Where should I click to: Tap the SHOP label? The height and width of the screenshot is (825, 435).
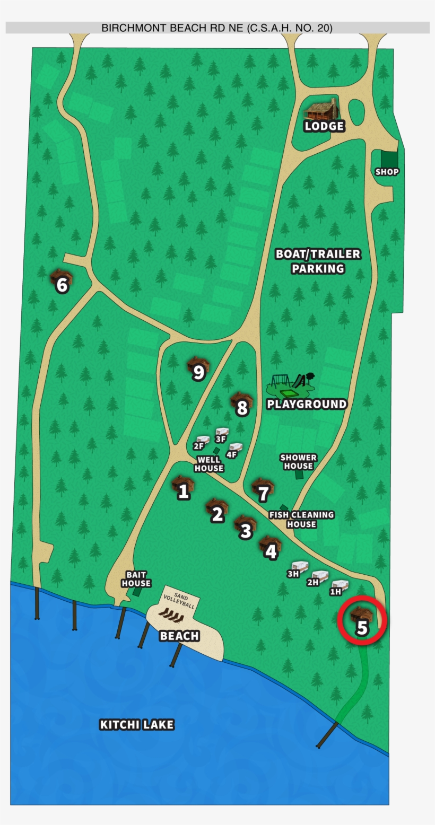[x=387, y=172]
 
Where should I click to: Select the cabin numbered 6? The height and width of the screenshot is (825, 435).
[x=61, y=281]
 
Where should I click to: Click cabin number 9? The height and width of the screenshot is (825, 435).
[x=198, y=368]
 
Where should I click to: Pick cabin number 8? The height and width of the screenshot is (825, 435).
[x=241, y=404]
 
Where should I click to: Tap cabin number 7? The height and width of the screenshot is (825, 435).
[x=263, y=490]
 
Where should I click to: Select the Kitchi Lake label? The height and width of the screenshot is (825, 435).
[x=137, y=724]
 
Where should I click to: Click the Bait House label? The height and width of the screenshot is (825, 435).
[x=136, y=579]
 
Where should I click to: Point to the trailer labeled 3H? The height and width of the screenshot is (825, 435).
[x=299, y=568]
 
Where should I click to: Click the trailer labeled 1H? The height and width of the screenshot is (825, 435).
[x=339, y=586]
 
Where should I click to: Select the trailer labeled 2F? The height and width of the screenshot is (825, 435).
[x=202, y=441]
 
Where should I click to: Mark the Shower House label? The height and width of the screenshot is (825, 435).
[x=298, y=462]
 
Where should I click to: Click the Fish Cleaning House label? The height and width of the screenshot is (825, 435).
[x=301, y=519]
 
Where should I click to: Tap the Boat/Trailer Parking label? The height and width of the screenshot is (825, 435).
[x=318, y=261]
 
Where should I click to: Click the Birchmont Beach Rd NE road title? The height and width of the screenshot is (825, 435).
[x=217, y=28]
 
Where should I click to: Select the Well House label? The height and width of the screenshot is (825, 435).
[x=209, y=464]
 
